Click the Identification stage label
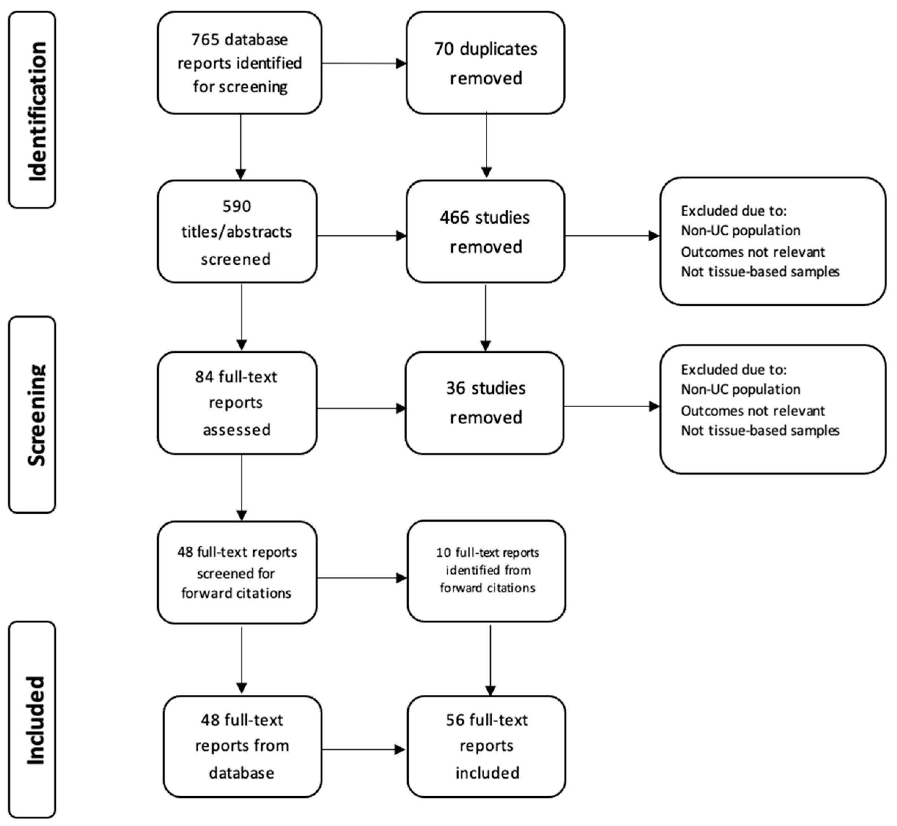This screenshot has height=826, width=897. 36,110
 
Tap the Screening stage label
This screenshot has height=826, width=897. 36,415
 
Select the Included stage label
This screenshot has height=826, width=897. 36,720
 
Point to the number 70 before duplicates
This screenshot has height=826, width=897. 444,49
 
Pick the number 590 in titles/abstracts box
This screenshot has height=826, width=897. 236,206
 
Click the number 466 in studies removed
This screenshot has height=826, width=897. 454,218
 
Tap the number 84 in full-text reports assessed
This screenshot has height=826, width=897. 204,377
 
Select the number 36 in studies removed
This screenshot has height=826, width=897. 455,388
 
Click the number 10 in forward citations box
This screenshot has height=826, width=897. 443,553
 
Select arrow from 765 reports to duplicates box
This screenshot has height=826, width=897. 363,63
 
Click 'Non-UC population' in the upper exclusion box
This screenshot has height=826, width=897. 740,231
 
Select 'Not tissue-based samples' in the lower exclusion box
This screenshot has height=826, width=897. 760,430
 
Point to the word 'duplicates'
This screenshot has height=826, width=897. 498,49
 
